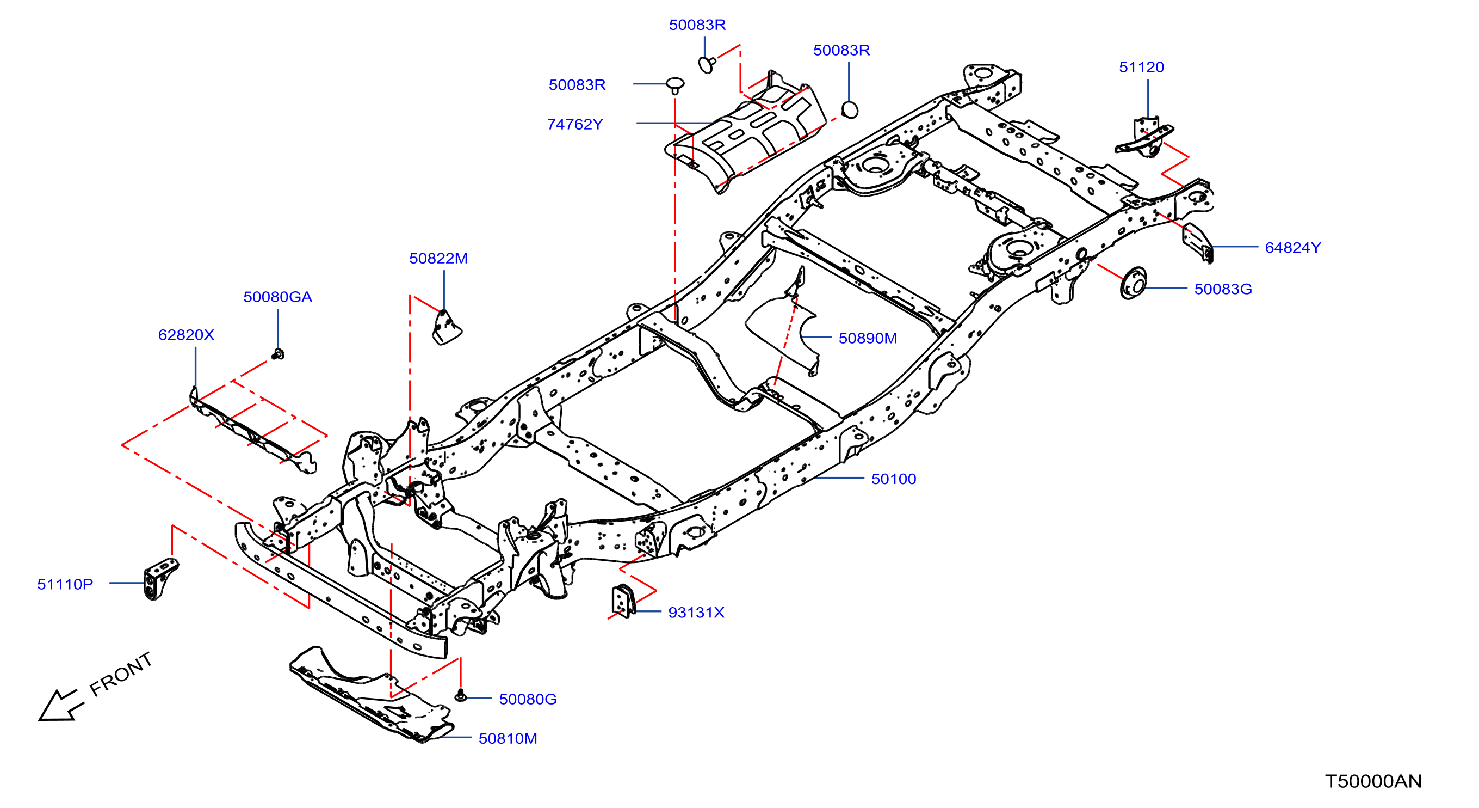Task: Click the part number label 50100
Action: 893,479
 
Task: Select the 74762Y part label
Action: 575,124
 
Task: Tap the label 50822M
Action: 438,258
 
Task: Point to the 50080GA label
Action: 277,297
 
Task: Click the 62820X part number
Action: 186,334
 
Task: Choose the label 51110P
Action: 65,584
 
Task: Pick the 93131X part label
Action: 696,612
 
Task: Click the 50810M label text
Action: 508,738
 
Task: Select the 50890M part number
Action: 868,338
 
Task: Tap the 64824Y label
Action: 1292,247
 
